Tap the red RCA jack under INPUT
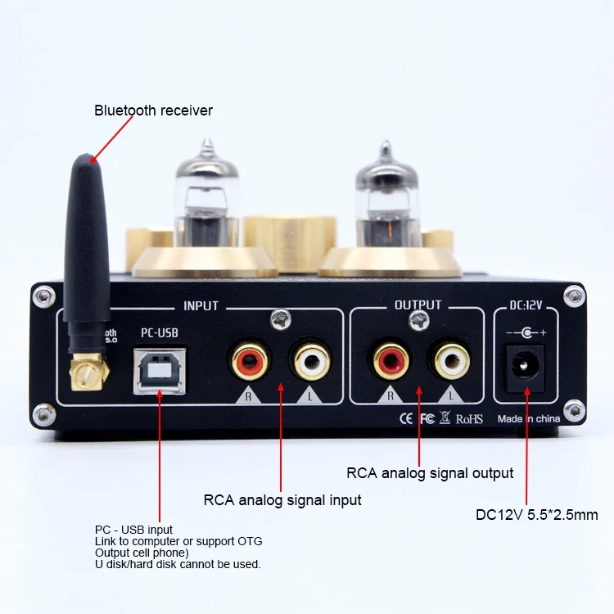[247, 359]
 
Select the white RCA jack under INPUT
[307, 359]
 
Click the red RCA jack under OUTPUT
[391, 359]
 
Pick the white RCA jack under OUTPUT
[451, 359]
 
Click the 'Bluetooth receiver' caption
[153, 110]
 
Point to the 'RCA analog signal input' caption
[282, 499]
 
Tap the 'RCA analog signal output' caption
[430, 473]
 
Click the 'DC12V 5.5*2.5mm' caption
[536, 515]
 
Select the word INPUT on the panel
[201, 306]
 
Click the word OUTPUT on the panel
[418, 305]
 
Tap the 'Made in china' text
[529, 418]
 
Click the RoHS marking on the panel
[469, 418]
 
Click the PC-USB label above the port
[159, 332]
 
